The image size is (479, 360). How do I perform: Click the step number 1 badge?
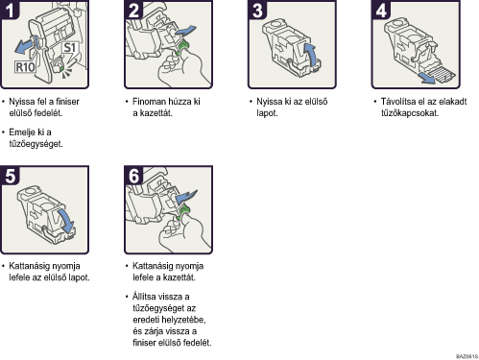10,10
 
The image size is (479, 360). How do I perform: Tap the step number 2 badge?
133,10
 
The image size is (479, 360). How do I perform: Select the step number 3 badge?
257,10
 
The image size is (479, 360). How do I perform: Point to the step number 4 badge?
381,10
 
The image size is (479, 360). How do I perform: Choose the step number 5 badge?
10,176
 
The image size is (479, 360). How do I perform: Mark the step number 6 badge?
133,176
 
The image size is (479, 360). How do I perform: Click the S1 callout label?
69,48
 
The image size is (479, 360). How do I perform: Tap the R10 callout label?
25,67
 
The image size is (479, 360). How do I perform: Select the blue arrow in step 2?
185,31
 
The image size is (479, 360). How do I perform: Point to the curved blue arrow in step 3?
311,55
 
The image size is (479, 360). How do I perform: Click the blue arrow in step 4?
427,78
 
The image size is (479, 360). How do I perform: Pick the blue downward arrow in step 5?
65,222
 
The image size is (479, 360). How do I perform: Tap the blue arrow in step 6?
186,196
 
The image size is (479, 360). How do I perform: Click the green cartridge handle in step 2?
182,47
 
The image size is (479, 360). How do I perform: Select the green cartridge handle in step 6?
182,213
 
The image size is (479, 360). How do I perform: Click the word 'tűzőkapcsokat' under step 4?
410,113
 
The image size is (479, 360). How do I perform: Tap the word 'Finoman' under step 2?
150,102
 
